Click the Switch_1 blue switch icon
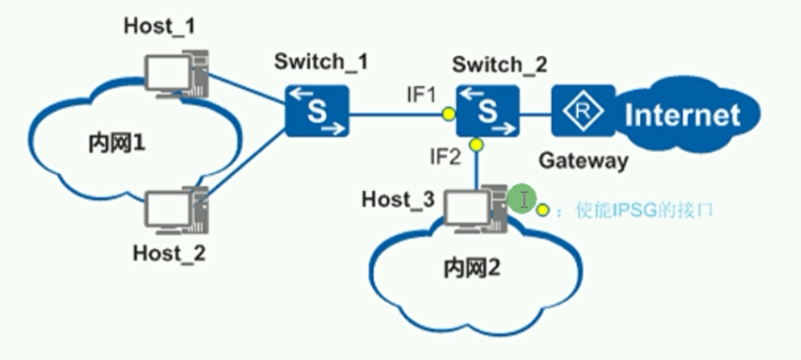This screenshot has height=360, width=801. point(317,110)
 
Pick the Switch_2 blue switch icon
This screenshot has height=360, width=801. point(487,110)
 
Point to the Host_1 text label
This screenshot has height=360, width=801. point(159,26)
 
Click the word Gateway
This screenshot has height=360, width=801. point(583,160)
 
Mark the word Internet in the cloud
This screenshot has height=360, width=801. point(683,115)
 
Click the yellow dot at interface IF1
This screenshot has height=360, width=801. point(448,113)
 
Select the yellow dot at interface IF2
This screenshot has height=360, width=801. point(475,145)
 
